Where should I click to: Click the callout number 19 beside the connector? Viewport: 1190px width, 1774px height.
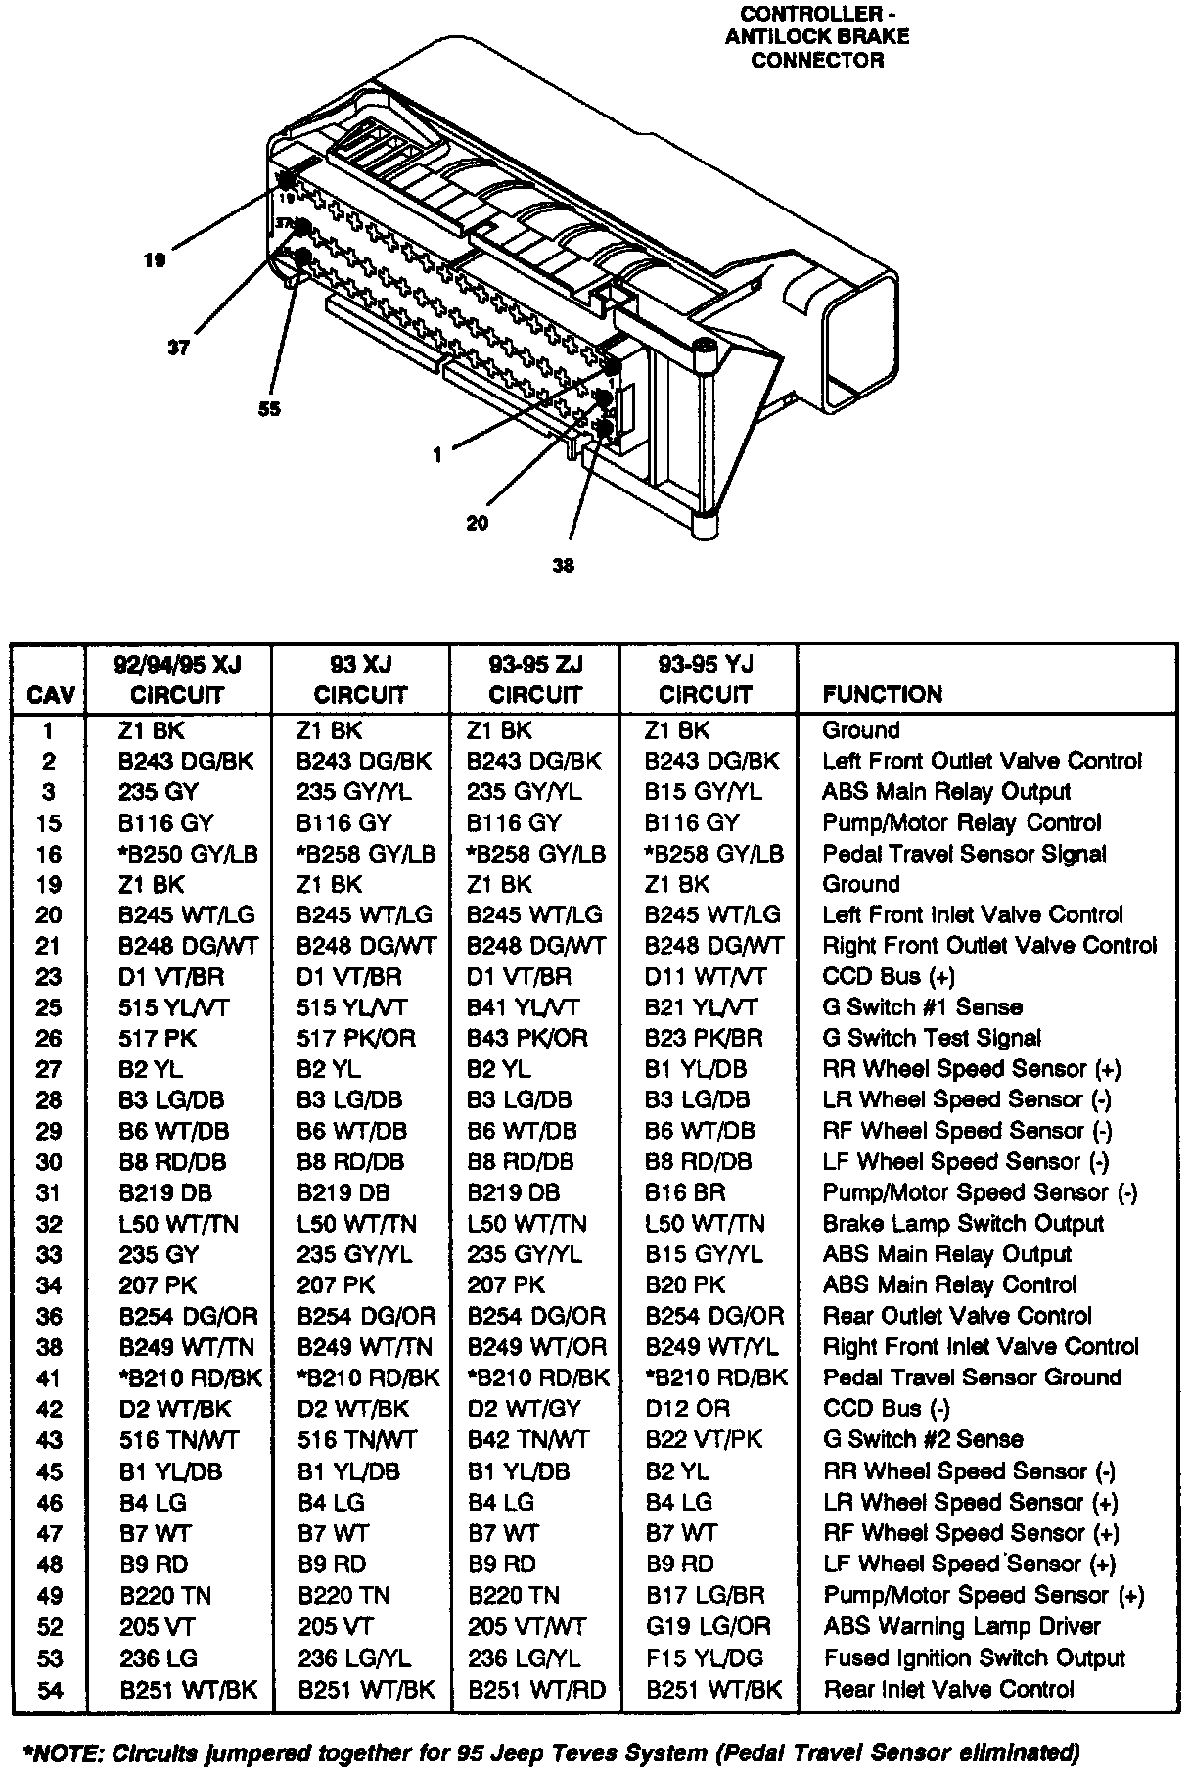(x=154, y=260)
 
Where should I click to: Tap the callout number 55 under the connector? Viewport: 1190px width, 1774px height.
(x=269, y=409)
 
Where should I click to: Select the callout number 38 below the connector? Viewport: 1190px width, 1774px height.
(x=563, y=565)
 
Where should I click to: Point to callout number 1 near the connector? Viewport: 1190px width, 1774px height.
(x=436, y=454)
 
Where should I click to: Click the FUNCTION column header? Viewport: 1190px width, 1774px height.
(x=882, y=695)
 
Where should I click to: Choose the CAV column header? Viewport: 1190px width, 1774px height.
(x=50, y=695)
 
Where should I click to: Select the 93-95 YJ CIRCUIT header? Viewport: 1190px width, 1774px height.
(x=706, y=679)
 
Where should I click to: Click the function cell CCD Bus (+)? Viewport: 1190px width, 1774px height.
(x=889, y=976)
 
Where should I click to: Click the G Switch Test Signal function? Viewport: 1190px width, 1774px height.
(x=932, y=1038)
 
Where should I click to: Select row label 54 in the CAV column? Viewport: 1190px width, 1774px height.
(x=49, y=1689)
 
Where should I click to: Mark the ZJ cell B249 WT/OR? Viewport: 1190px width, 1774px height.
(x=536, y=1347)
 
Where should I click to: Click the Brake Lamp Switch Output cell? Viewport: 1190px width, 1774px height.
(x=963, y=1224)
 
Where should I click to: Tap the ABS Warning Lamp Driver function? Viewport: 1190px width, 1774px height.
(x=962, y=1626)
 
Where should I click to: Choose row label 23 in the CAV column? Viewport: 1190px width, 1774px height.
(x=49, y=977)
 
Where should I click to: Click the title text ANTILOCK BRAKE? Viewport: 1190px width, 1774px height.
(x=817, y=37)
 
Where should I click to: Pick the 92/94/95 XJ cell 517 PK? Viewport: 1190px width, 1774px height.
(x=158, y=1038)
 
